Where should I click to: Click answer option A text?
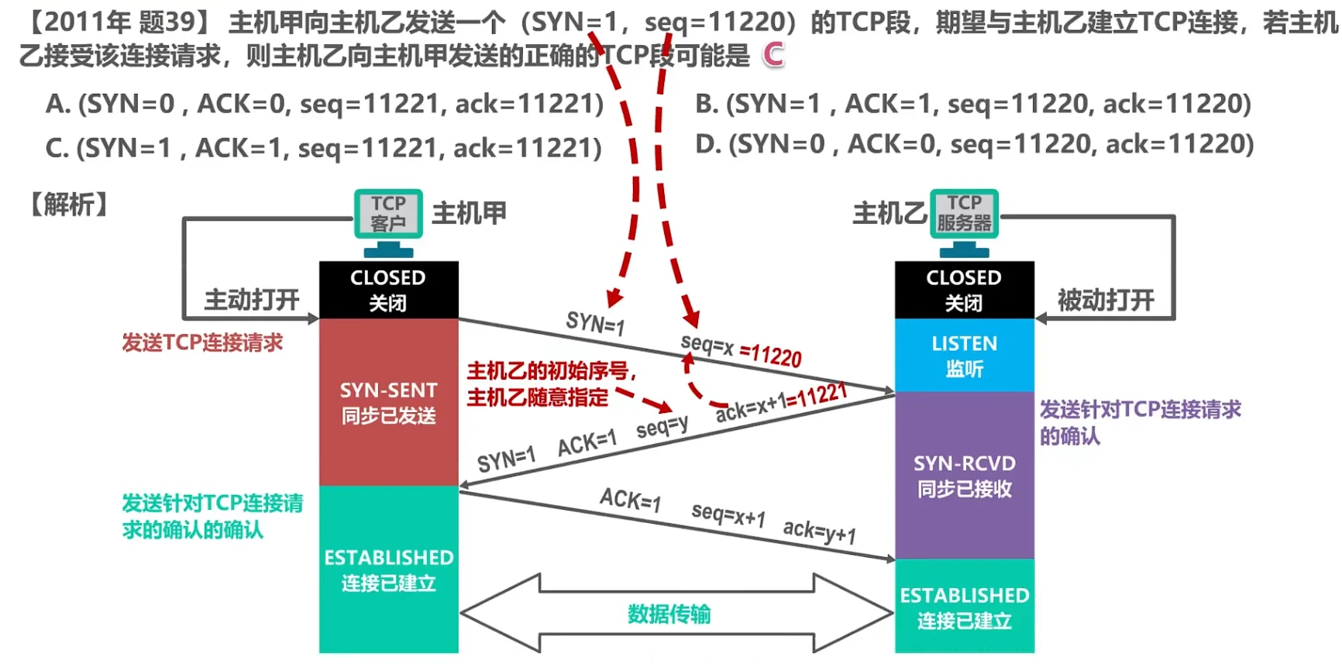[325, 104]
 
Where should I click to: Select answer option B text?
[973, 104]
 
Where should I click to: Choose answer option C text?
[323, 148]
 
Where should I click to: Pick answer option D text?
[975, 144]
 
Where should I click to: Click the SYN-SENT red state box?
[388, 402]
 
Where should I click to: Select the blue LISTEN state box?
[964, 355]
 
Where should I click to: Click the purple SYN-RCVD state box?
[964, 475]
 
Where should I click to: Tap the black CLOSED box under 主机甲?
[388, 290]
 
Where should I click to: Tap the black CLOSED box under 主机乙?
[964, 290]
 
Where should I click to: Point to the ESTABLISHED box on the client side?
[388, 569]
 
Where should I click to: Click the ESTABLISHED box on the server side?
[964, 607]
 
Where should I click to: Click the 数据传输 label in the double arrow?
[669, 614]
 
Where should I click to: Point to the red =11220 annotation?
[771, 356]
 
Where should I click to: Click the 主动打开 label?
[252, 300]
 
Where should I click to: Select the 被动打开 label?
[1106, 300]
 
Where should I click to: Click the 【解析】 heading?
[68, 205]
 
